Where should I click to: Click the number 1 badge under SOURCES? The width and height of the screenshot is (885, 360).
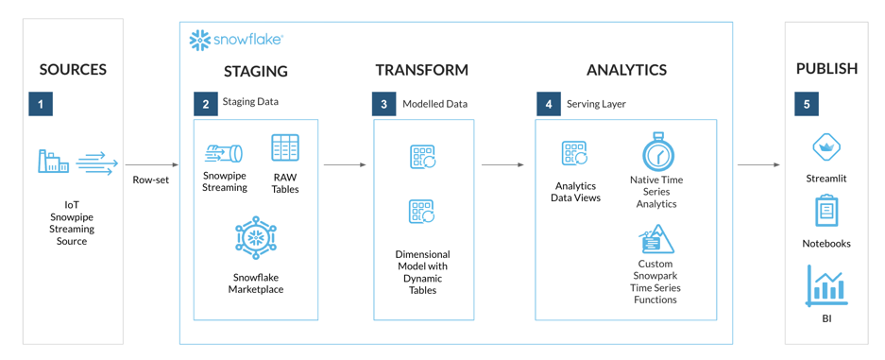point(41,104)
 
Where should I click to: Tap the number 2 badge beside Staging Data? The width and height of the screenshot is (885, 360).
point(206,104)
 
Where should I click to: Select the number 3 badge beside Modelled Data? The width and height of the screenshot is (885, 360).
point(383,104)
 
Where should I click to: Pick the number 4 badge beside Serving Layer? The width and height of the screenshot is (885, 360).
point(548,104)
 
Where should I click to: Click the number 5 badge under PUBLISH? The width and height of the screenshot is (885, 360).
point(807,104)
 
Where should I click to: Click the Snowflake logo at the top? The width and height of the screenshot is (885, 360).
point(236,40)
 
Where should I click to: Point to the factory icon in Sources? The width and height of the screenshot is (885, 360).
point(54,161)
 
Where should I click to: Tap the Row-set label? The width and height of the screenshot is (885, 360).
point(151,180)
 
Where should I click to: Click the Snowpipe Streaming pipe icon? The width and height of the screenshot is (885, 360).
point(224,152)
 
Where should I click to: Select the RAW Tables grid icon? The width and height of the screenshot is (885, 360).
point(285,147)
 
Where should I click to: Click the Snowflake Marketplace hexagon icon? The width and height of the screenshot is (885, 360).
point(256,237)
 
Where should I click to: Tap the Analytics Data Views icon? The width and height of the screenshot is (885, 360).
point(575,153)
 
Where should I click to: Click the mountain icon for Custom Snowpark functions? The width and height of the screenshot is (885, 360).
point(656,239)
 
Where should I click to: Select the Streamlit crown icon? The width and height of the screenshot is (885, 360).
point(826,147)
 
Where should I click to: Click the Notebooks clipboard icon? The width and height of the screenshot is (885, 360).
point(826,211)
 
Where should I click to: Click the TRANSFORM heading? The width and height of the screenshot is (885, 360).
point(421,70)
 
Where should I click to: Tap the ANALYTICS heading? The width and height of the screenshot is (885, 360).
point(626,70)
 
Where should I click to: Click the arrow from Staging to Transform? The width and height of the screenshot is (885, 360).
point(345,164)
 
